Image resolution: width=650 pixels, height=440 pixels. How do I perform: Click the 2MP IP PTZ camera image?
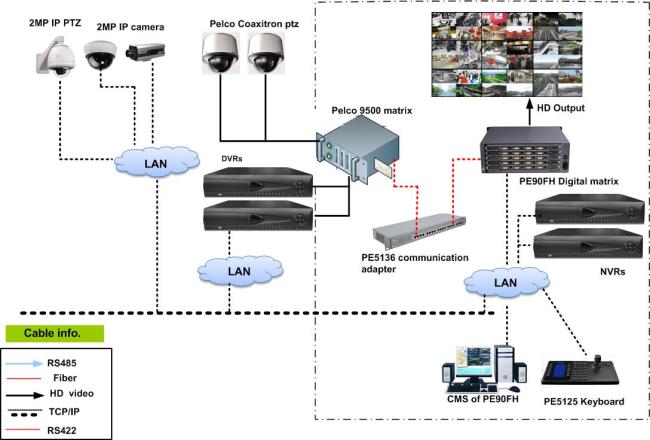point(56,56)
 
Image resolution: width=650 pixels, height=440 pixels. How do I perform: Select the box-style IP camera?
point(146,52)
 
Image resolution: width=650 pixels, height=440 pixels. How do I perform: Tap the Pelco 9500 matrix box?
point(358,149)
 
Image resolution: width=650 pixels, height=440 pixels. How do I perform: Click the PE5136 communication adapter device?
point(419,231)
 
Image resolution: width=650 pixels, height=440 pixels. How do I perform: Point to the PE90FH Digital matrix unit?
point(525,150)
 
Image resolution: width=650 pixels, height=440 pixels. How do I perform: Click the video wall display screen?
point(507,54)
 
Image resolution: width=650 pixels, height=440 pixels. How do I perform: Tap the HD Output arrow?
point(529,112)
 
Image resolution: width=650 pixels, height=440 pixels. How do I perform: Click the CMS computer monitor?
point(472,362)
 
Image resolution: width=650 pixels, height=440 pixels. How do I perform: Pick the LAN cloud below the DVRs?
point(240,271)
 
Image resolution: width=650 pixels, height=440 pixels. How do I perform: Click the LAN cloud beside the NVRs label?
point(506,283)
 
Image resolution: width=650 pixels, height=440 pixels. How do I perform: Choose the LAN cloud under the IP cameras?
point(156,162)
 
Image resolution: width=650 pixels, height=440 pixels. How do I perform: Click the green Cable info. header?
point(54,333)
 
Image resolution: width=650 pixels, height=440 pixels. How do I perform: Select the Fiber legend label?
point(65,378)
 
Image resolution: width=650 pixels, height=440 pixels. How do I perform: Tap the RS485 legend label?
point(62,363)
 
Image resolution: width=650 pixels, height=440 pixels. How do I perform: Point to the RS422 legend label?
point(62,430)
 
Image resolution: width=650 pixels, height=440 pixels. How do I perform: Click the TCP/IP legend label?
point(64,412)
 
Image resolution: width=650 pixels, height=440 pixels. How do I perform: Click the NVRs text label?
point(612,272)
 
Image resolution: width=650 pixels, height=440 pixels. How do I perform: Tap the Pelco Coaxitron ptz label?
point(254,24)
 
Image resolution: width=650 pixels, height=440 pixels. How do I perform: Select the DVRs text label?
point(232,159)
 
